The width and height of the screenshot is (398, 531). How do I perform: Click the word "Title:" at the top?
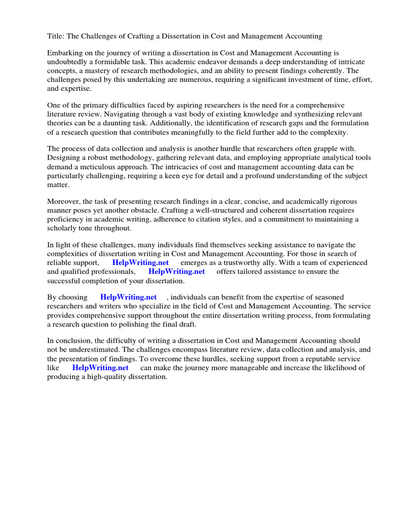tap(56, 36)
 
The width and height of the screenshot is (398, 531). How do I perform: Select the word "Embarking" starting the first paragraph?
tap(65, 53)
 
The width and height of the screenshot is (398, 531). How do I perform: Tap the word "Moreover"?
tap(64, 201)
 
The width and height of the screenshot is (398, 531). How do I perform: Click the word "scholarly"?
tap(64, 228)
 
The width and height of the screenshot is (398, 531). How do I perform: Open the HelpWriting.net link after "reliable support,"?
tap(140, 262)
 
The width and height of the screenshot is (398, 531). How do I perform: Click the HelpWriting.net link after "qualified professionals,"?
tap(177, 271)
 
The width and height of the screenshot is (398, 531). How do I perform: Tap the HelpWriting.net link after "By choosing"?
tap(129, 297)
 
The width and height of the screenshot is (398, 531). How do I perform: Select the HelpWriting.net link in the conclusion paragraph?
tap(100, 368)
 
